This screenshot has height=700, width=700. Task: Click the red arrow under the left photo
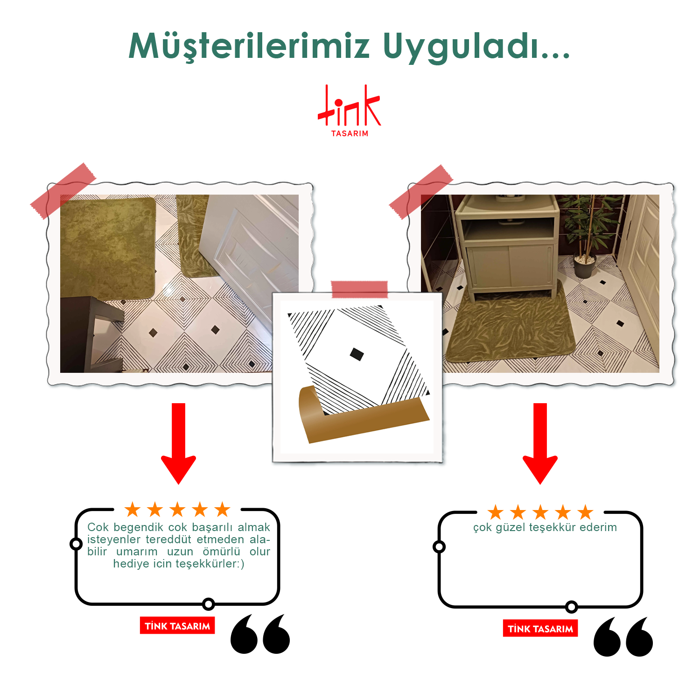(x=179, y=443)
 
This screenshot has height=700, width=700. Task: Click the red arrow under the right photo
(x=540, y=443)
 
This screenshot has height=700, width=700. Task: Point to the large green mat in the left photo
(x=108, y=247)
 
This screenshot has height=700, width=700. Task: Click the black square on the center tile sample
(x=357, y=354)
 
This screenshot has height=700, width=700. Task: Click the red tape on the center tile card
(x=359, y=289)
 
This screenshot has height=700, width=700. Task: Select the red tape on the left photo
(x=63, y=191)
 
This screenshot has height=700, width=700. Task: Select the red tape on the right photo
(x=421, y=192)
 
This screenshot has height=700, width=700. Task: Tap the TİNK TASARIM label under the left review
(x=177, y=626)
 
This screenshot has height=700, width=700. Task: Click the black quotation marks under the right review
(x=623, y=637)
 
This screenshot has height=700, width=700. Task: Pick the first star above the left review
(x=133, y=510)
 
